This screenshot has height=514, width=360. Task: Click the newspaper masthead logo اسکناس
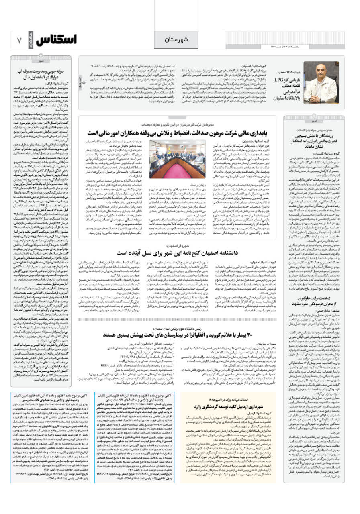(56, 40)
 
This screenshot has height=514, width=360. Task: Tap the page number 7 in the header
(19, 40)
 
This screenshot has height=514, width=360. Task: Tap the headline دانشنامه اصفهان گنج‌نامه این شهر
(178, 253)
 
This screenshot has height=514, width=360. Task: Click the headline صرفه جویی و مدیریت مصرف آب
(42, 74)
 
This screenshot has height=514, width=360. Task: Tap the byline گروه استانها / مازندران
(260, 142)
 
